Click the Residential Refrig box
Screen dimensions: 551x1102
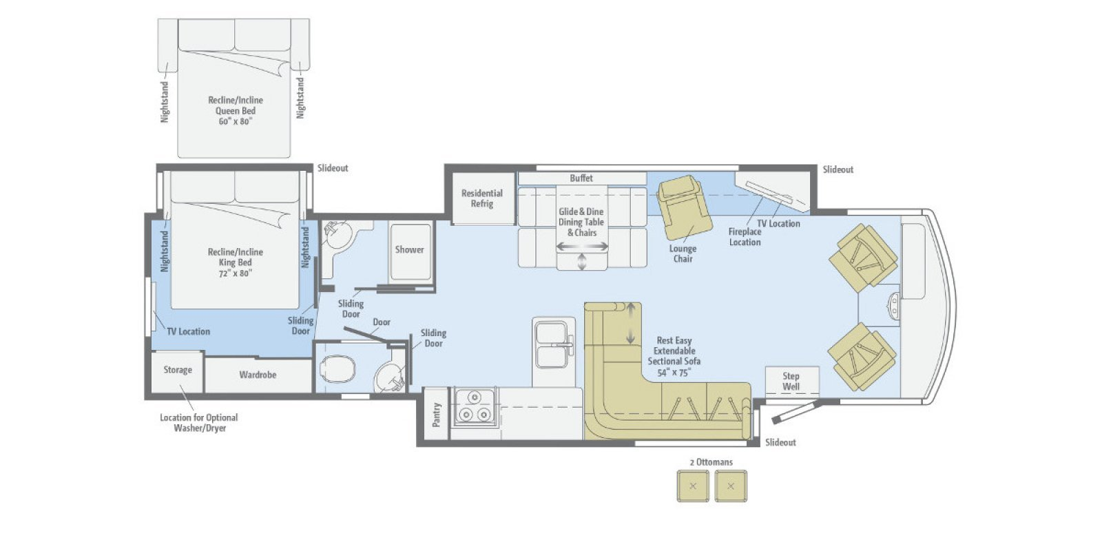482,198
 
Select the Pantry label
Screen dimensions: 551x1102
436,415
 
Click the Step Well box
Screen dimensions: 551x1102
791,381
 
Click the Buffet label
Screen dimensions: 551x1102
581,178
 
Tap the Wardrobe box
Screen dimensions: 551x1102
258,375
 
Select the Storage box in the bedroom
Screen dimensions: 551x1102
178,371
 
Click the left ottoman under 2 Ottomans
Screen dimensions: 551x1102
694,486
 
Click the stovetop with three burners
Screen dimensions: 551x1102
474,407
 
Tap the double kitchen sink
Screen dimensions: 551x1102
553,344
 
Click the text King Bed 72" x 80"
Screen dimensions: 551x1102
236,262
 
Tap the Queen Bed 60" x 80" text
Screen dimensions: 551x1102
236,111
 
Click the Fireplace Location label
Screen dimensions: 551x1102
745,237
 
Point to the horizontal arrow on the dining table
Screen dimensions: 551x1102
582,246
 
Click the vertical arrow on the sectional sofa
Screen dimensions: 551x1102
630,324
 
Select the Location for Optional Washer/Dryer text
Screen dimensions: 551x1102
198,423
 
